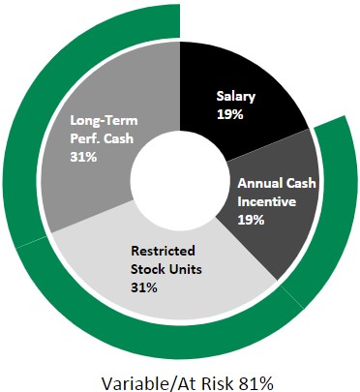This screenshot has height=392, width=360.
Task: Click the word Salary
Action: coord(235,97)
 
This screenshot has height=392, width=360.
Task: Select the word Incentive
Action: coord(266,202)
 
